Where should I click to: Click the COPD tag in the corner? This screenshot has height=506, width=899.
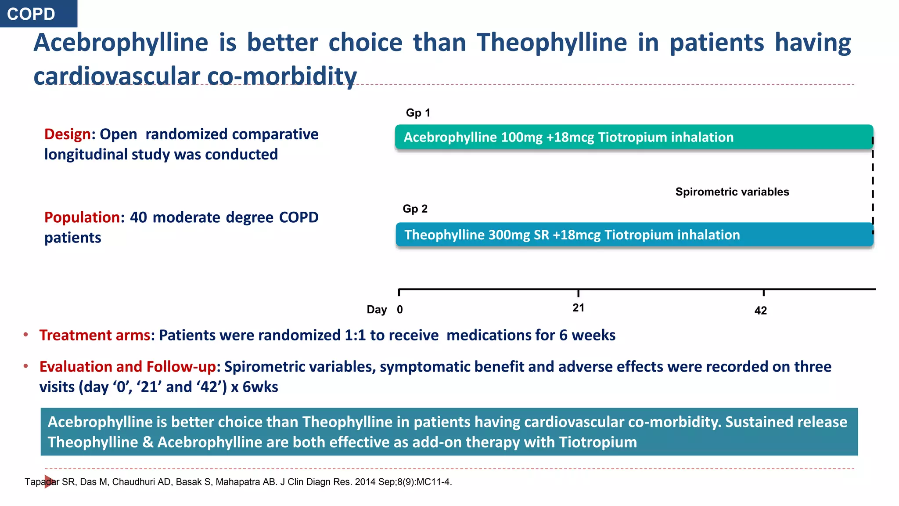(x=32, y=14)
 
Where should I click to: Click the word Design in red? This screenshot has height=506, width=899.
(x=67, y=134)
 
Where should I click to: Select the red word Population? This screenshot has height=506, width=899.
(x=82, y=217)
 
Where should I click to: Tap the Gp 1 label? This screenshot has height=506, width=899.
(x=418, y=113)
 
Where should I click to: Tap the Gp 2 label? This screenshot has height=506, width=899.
(x=415, y=209)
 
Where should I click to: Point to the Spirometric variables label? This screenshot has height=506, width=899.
(x=732, y=192)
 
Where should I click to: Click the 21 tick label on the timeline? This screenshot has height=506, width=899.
(x=578, y=308)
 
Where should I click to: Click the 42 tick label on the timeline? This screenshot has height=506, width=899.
(x=760, y=311)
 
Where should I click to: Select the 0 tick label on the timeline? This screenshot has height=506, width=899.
(x=400, y=310)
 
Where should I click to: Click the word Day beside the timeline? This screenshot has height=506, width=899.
(x=377, y=310)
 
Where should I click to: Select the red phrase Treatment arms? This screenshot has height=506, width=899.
(x=94, y=335)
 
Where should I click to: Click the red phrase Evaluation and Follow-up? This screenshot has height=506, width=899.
(x=127, y=367)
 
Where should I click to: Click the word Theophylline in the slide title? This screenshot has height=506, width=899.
(x=552, y=43)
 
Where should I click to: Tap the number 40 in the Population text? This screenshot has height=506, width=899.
(x=138, y=217)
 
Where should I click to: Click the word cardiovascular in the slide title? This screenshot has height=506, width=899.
(x=116, y=76)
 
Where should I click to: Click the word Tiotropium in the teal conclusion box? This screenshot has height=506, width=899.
(x=597, y=442)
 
